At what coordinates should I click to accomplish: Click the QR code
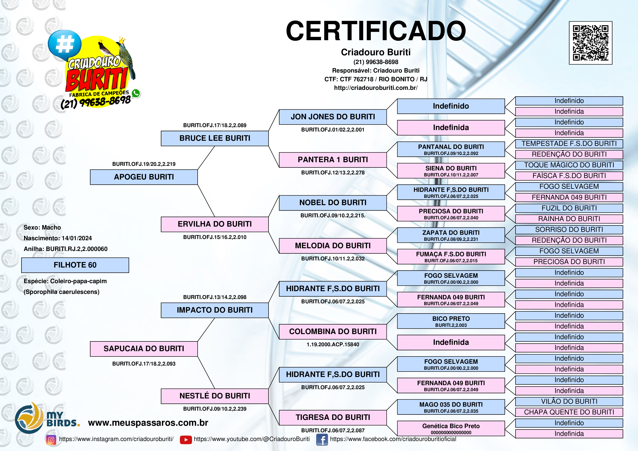591,43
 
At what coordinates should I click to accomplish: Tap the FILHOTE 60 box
75,265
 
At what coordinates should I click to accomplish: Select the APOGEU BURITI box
144,177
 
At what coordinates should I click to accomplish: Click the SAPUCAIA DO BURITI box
144,349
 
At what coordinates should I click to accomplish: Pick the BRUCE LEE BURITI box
215,138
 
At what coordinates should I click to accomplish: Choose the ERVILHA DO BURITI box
215,224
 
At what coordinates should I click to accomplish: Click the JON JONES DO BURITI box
333,117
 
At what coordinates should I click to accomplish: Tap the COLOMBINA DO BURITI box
333,332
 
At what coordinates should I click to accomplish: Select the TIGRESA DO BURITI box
333,417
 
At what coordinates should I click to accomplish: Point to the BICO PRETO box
451,321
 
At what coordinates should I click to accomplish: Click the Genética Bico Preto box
451,428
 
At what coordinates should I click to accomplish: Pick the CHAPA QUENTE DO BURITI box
569,412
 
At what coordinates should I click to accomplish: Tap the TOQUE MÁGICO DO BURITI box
569,165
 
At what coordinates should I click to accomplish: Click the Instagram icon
51,440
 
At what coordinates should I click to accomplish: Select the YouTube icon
186,440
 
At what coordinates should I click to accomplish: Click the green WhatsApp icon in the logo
136,93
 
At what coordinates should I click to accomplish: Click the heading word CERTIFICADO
376,31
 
